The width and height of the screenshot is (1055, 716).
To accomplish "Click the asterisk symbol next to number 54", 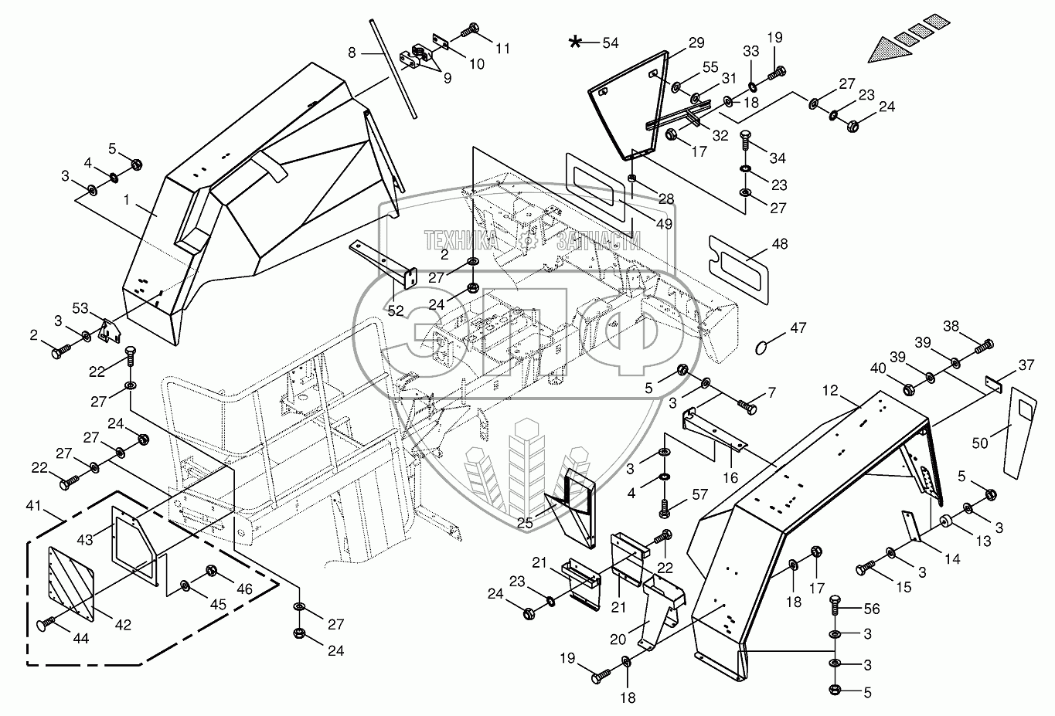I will [575, 42].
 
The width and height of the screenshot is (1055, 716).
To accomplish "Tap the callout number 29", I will [696, 42].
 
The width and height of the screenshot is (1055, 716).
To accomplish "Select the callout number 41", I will [32, 507].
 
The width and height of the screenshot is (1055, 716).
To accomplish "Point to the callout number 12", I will [829, 391].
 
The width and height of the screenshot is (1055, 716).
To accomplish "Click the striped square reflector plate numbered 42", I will [71, 583].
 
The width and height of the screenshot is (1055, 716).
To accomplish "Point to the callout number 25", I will [526, 524].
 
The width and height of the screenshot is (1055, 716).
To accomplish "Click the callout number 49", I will [664, 224].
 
